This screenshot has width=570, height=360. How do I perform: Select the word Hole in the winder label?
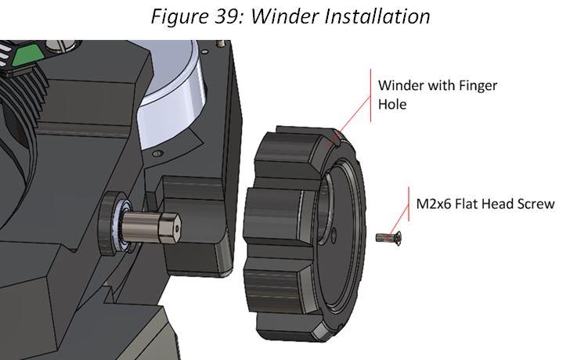(392, 103)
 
